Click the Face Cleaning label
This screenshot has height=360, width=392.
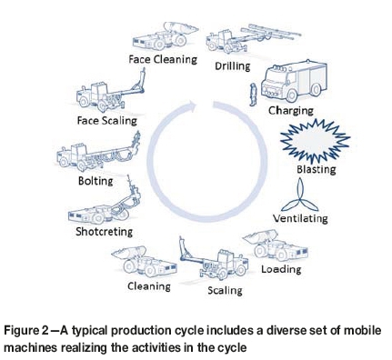pyautogui.click(x=163, y=59)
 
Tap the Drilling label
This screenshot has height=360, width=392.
pyautogui.click(x=233, y=66)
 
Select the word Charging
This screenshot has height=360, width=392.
pyautogui.click(x=290, y=111)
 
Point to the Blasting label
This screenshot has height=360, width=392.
pyautogui.click(x=316, y=169)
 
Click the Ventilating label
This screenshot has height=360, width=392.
pyautogui.click(x=300, y=218)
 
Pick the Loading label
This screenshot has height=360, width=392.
pyautogui.click(x=281, y=269)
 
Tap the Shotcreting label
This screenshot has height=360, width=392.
pyautogui.click(x=104, y=232)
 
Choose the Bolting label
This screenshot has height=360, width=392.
pyautogui.click(x=95, y=181)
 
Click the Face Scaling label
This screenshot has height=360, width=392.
pyautogui.click(x=106, y=121)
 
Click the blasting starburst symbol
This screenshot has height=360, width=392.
pyautogui.click(x=315, y=140)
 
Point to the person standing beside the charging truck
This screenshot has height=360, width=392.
pyautogui.click(x=253, y=95)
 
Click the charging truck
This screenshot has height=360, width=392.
pyautogui.click(x=294, y=81)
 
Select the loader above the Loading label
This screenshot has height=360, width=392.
pyautogui.click(x=276, y=245)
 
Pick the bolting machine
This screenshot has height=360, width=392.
pyautogui.click(x=97, y=155)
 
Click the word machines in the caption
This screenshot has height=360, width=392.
pyautogui.click(x=31, y=347)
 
